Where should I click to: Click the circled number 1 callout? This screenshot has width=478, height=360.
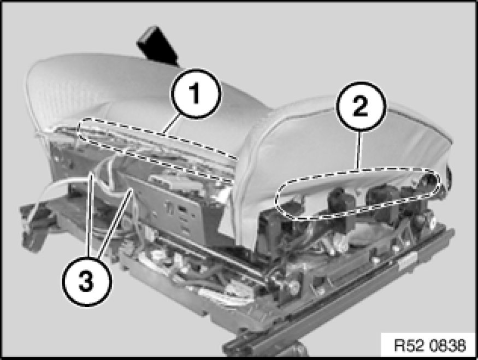[x=196, y=93]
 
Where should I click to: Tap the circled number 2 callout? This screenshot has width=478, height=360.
[x=361, y=107]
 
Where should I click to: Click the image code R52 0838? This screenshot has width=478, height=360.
[x=430, y=345]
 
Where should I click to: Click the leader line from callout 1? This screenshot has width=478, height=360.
[x=171, y=125]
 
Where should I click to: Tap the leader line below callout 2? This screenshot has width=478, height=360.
[x=359, y=149]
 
